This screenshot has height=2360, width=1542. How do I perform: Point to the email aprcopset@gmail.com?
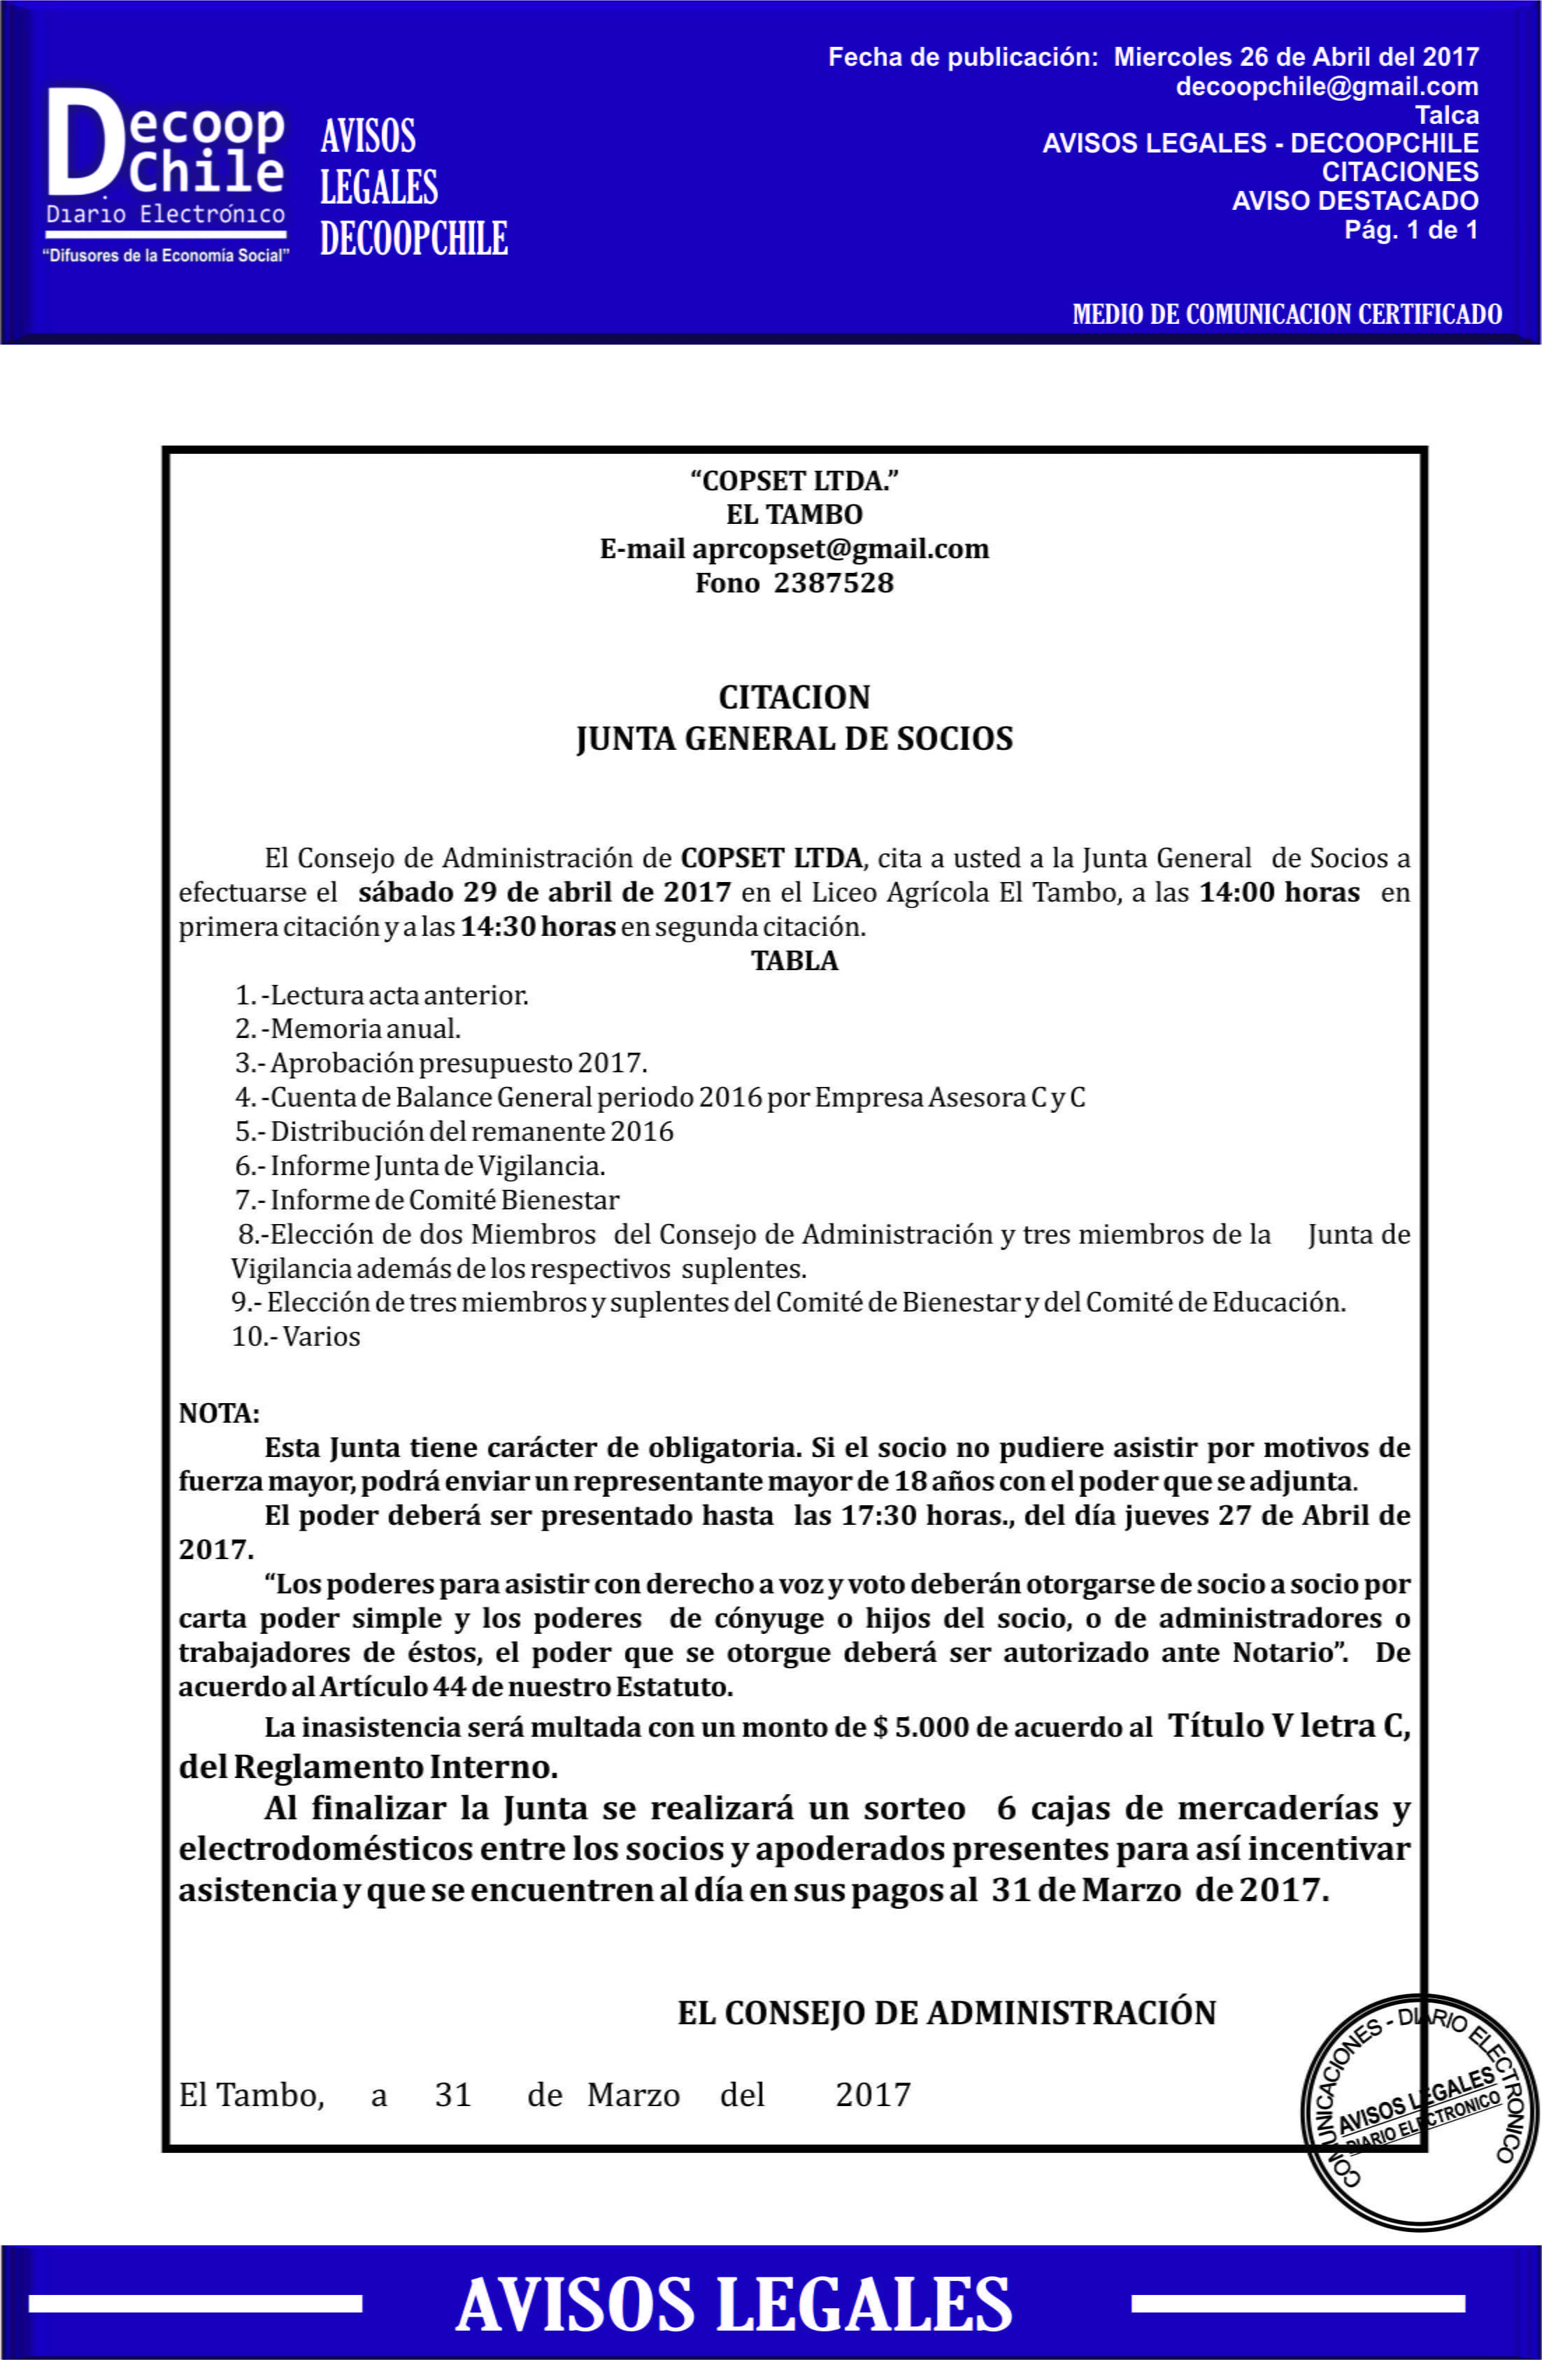click(x=840, y=548)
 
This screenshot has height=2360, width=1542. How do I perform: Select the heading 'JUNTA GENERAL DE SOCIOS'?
click(x=794, y=739)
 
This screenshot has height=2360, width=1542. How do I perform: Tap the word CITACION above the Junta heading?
click(x=794, y=697)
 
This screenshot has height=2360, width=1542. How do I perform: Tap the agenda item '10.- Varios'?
click(x=296, y=1336)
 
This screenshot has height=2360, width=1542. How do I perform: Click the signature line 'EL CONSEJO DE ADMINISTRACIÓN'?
click(x=946, y=2013)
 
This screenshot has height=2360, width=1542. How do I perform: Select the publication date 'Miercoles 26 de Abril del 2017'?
click(x=1296, y=57)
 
